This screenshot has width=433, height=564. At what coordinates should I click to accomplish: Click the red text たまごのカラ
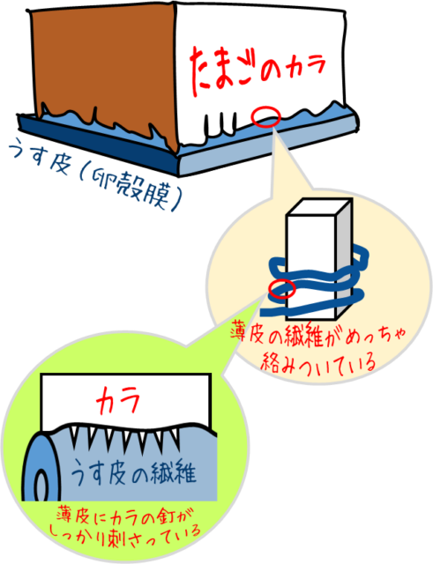258,70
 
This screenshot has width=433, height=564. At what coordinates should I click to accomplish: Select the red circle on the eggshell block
266,116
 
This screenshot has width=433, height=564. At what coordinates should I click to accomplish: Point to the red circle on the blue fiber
282,288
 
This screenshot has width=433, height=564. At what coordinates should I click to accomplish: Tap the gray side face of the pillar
344,260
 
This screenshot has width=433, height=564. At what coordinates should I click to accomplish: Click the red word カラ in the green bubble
117,400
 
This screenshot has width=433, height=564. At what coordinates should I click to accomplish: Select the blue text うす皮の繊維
133,472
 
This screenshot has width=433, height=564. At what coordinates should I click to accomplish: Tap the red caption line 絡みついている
318,361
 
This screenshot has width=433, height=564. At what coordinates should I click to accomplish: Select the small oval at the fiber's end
41,486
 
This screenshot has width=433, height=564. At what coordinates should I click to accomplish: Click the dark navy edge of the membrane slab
97,144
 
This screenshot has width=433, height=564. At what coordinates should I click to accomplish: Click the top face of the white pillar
318,207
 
